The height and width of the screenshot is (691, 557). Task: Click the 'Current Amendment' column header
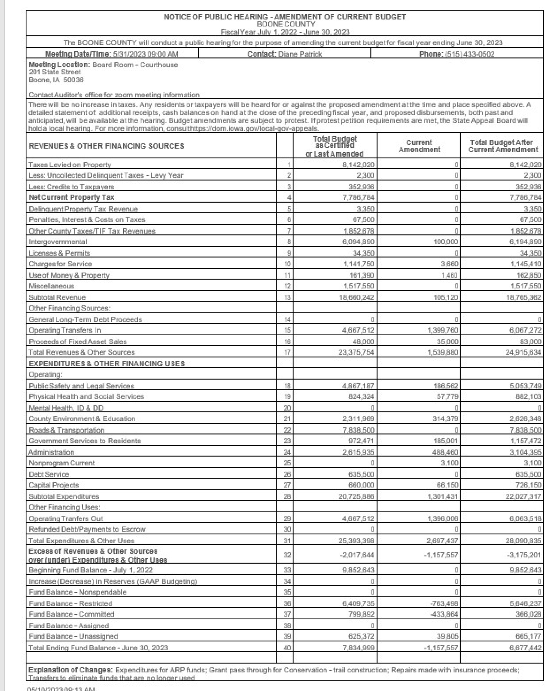(x=419, y=146)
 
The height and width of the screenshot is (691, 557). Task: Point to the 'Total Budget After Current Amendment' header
(x=503, y=146)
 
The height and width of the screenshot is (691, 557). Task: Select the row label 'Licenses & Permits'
(x=59, y=253)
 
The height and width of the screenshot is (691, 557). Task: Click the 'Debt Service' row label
(x=49, y=474)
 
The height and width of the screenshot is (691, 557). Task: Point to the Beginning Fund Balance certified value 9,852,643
(x=356, y=570)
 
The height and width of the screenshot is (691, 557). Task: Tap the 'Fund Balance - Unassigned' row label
(x=73, y=636)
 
